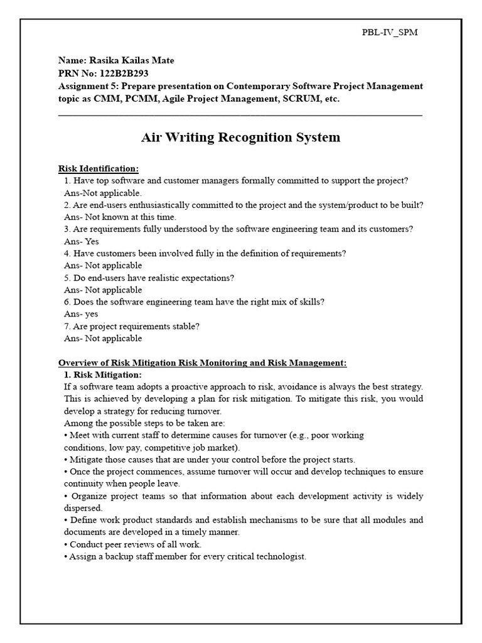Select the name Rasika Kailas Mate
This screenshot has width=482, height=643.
point(116,61)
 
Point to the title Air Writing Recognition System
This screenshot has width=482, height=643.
point(240,138)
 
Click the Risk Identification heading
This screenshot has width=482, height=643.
point(99,168)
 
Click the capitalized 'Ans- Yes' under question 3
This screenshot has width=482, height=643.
point(82,241)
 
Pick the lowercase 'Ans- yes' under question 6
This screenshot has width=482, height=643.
point(82,314)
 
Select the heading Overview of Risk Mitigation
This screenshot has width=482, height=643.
point(202,363)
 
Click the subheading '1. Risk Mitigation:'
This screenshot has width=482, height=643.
point(103,375)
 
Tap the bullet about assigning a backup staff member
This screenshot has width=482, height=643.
point(185,556)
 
